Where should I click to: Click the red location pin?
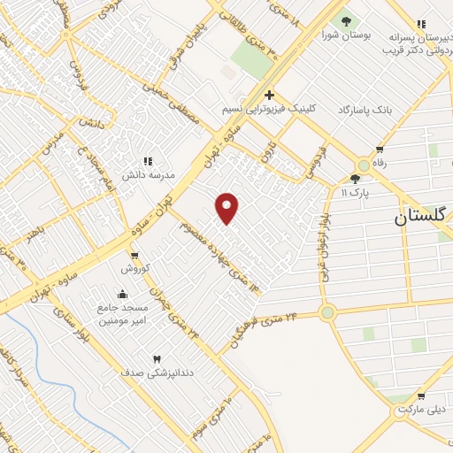click(227, 207)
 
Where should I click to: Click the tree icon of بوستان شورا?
click(346, 21)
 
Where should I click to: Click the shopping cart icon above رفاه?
click(380, 150)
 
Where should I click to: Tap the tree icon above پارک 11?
click(355, 178)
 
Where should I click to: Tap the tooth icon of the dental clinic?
click(157, 359)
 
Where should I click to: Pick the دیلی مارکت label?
click(421, 410)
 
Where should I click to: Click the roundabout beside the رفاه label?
click(363, 165)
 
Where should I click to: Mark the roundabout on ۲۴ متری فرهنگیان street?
click(328, 312)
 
